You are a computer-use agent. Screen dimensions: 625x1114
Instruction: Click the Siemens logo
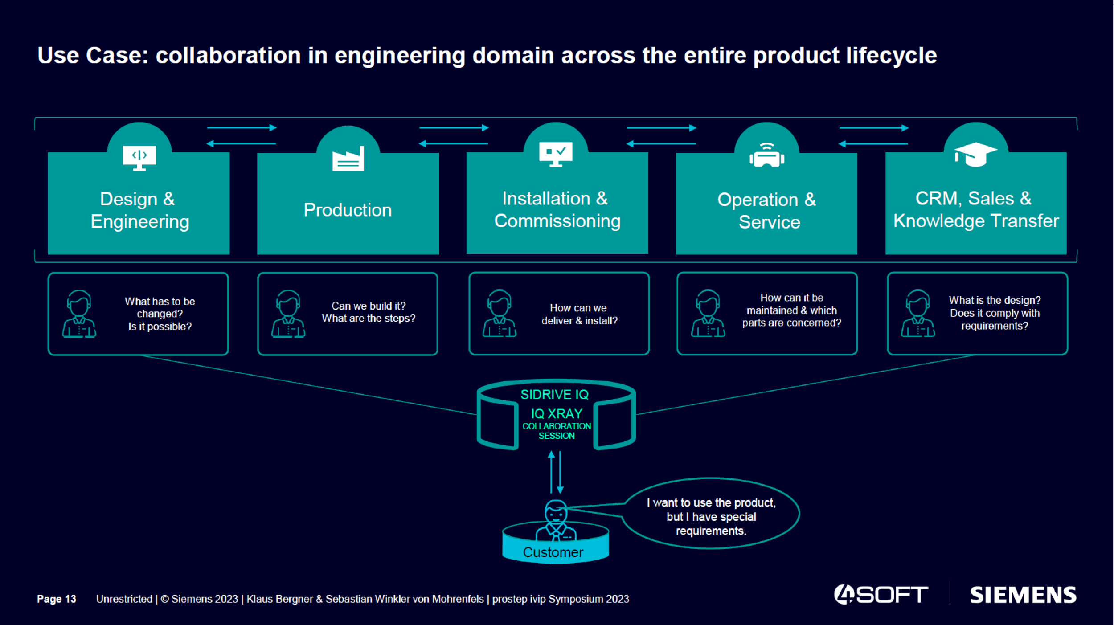click(x=1023, y=595)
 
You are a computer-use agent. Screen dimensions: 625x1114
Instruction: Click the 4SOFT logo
click(x=881, y=594)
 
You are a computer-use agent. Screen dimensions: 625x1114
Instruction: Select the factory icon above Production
click(x=348, y=159)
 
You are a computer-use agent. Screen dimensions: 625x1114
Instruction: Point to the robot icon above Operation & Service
click(x=766, y=155)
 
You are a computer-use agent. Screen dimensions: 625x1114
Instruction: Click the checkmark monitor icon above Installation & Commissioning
click(x=555, y=154)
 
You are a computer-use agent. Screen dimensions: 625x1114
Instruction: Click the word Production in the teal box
click(x=348, y=210)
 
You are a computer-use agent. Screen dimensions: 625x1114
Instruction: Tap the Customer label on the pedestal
click(x=553, y=552)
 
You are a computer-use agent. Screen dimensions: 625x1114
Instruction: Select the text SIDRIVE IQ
click(x=554, y=395)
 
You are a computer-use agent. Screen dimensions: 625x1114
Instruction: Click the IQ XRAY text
click(x=556, y=414)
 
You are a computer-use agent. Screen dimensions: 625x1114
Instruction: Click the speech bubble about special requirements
click(x=711, y=516)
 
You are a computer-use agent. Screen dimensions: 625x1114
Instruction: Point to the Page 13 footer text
click(x=57, y=599)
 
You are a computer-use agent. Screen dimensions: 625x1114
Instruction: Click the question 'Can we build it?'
click(x=369, y=306)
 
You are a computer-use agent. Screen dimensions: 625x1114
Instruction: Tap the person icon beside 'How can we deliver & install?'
click(x=499, y=314)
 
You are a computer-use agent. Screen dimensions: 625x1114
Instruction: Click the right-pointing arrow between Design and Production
click(x=242, y=128)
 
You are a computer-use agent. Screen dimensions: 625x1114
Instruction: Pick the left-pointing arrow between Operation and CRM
click(x=873, y=144)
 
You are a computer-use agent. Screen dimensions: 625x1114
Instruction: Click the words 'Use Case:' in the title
click(x=93, y=56)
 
